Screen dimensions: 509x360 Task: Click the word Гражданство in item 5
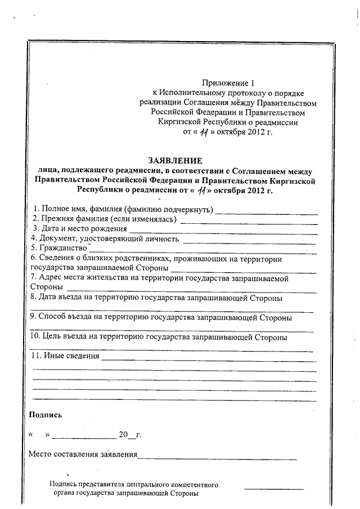[x=62, y=248]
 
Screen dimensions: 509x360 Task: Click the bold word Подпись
[x=46, y=415]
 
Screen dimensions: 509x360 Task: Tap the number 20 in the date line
[x=123, y=435]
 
